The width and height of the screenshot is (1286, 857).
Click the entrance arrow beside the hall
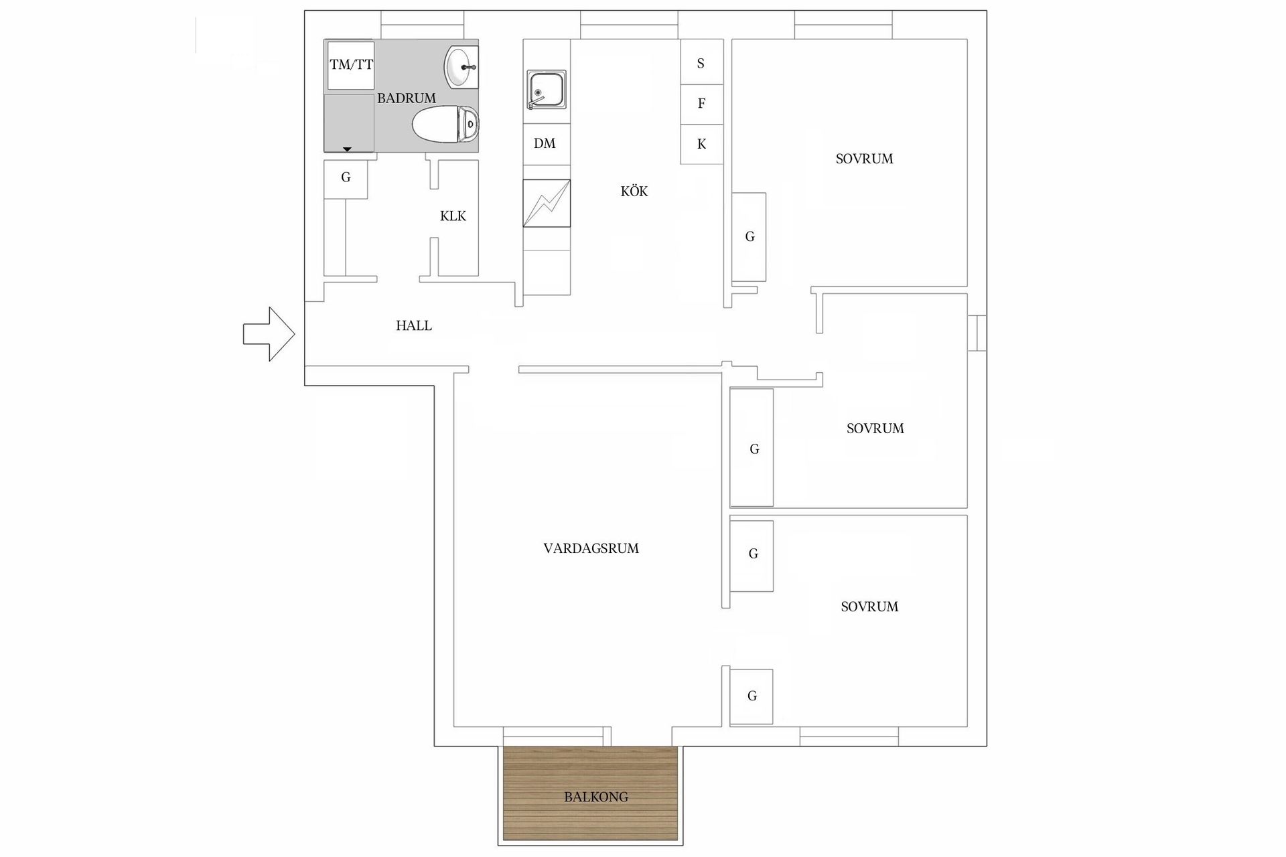pos(269,334)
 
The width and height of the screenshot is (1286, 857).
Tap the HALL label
pos(414,326)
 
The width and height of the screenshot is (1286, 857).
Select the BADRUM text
pos(407,98)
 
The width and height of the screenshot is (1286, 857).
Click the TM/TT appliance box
pos(351,65)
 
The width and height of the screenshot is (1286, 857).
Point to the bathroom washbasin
pos(461,67)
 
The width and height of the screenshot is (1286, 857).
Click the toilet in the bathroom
pos(445,125)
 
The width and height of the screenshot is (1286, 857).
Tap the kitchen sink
pos(547,90)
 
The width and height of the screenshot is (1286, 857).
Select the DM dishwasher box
pos(546,144)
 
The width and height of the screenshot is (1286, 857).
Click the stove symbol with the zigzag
pos(547,204)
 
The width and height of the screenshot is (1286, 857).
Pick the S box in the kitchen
pos(701,64)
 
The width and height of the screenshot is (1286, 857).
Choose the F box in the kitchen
pos(701,104)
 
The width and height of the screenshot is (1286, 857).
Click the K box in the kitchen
pos(701,144)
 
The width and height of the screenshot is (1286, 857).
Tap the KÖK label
pos(634,191)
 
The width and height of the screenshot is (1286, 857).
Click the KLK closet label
pos(453,216)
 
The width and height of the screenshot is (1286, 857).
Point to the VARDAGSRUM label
pos(591,548)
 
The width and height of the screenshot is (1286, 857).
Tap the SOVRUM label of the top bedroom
pos(865,159)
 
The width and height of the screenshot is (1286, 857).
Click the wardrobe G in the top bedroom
pos(749,237)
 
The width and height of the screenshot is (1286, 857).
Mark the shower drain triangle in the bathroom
pos(347,149)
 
